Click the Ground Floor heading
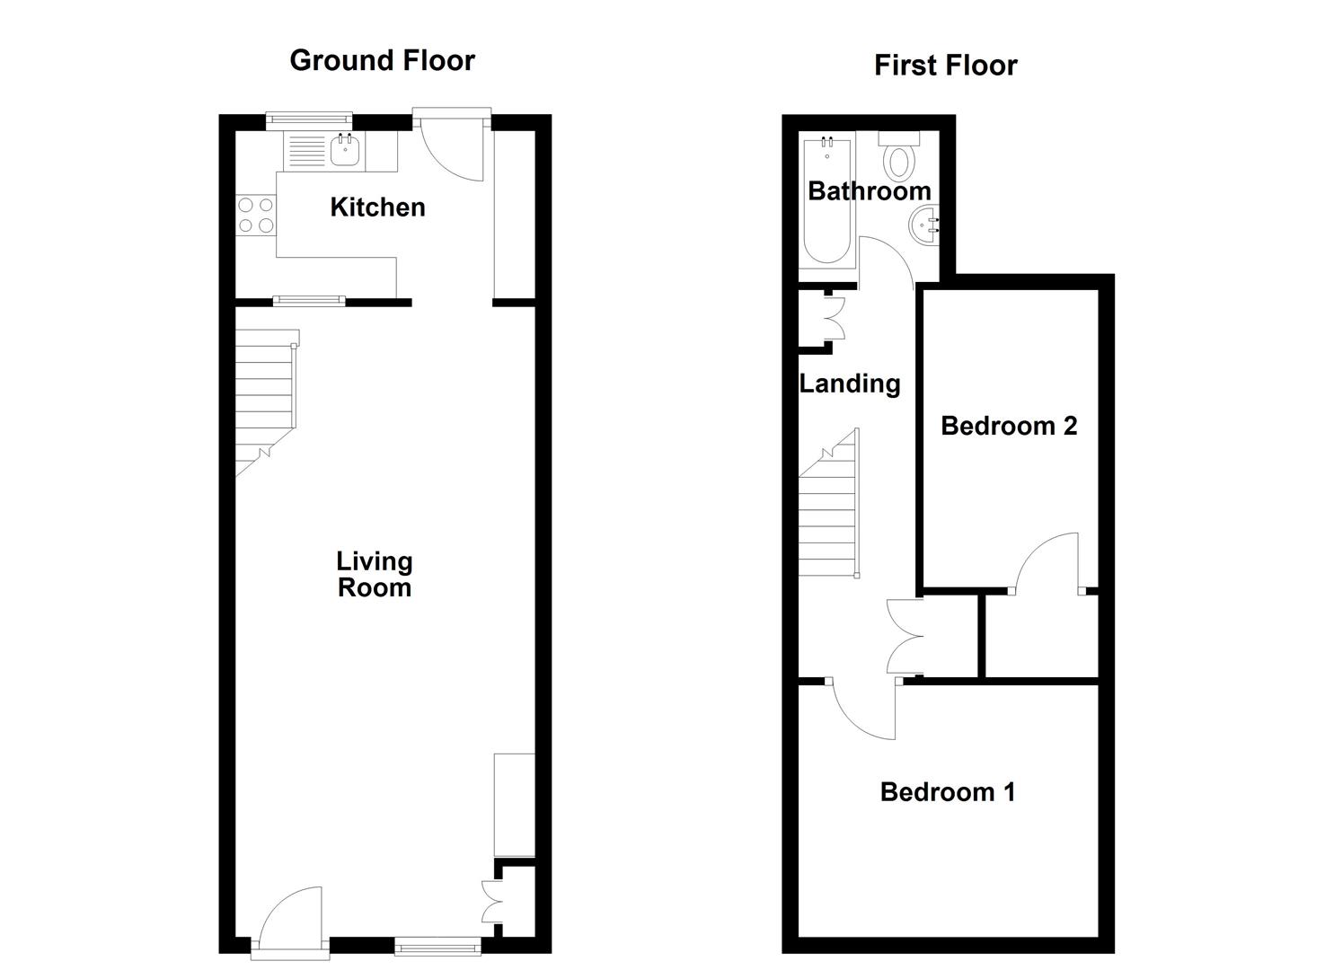(382, 60)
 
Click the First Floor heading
(945, 65)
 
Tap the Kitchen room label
(377, 207)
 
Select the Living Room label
(375, 574)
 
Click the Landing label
(850, 384)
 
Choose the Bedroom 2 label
(1009, 425)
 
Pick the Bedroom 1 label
(948, 791)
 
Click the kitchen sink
(346, 150)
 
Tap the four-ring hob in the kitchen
(256, 215)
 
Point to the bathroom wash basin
(926, 223)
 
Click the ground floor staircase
(266, 404)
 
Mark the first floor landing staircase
(829, 512)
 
